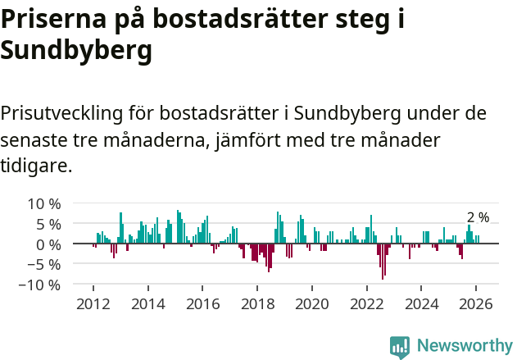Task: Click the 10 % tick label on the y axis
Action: click(43, 203)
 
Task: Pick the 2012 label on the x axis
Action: click(93, 303)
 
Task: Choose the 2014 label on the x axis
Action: click(148, 303)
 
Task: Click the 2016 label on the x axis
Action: click(202, 303)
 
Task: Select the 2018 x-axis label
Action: click(257, 303)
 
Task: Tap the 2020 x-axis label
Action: click(312, 303)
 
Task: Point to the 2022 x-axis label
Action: click(367, 303)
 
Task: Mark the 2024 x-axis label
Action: click(421, 303)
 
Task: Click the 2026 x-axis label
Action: click(476, 303)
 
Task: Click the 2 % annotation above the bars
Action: click(478, 217)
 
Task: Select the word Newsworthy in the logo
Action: click(465, 345)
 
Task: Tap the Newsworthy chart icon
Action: click(400, 346)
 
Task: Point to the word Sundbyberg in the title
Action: click(76, 51)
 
